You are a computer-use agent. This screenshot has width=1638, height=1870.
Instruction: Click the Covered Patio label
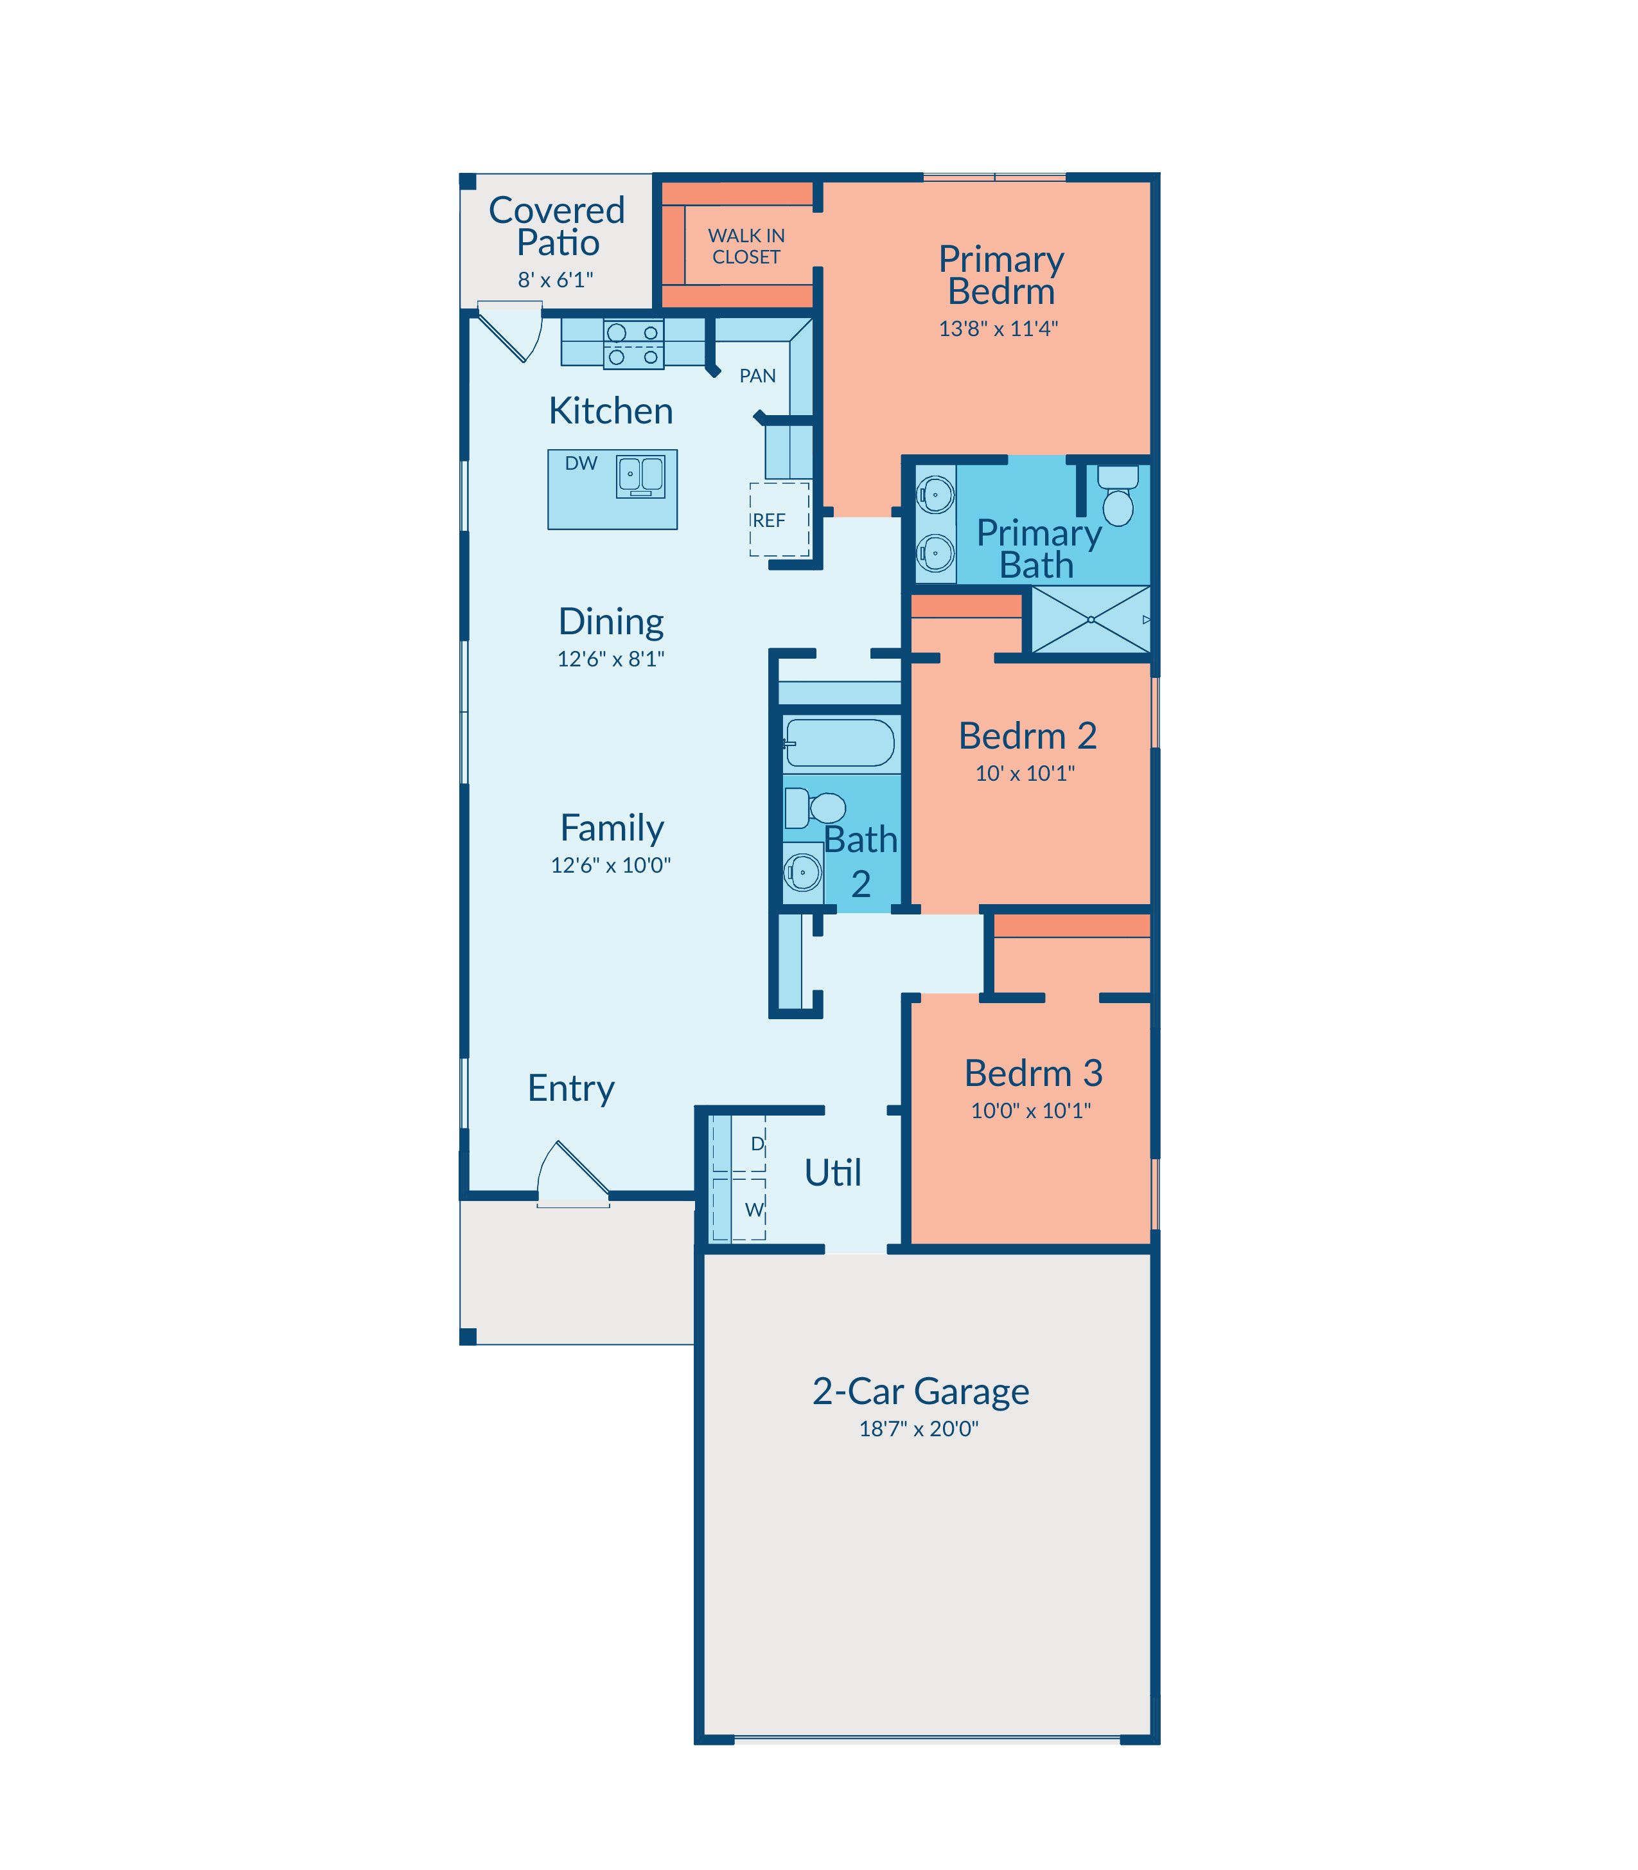pos(557,226)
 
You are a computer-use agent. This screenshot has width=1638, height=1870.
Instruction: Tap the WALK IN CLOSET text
pos(746,246)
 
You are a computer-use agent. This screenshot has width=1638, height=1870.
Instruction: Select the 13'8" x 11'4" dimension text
pos(998,328)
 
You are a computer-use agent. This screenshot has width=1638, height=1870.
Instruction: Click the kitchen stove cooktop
pos(633,344)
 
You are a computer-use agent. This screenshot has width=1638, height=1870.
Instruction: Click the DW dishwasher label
pos(581,463)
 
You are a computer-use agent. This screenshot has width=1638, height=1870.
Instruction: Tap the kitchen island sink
pos(640,476)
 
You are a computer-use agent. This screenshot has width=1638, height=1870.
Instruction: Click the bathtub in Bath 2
pos(839,742)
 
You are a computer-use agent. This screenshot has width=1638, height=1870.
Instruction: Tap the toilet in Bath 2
pos(815,807)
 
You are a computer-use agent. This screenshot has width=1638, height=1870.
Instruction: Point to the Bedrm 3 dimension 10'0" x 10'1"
pos(1031,1110)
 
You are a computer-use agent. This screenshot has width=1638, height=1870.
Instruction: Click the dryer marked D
pos(739,1143)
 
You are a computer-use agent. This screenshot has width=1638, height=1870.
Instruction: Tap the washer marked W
pos(739,1209)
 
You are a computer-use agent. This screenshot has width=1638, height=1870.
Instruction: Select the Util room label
pos(832,1172)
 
